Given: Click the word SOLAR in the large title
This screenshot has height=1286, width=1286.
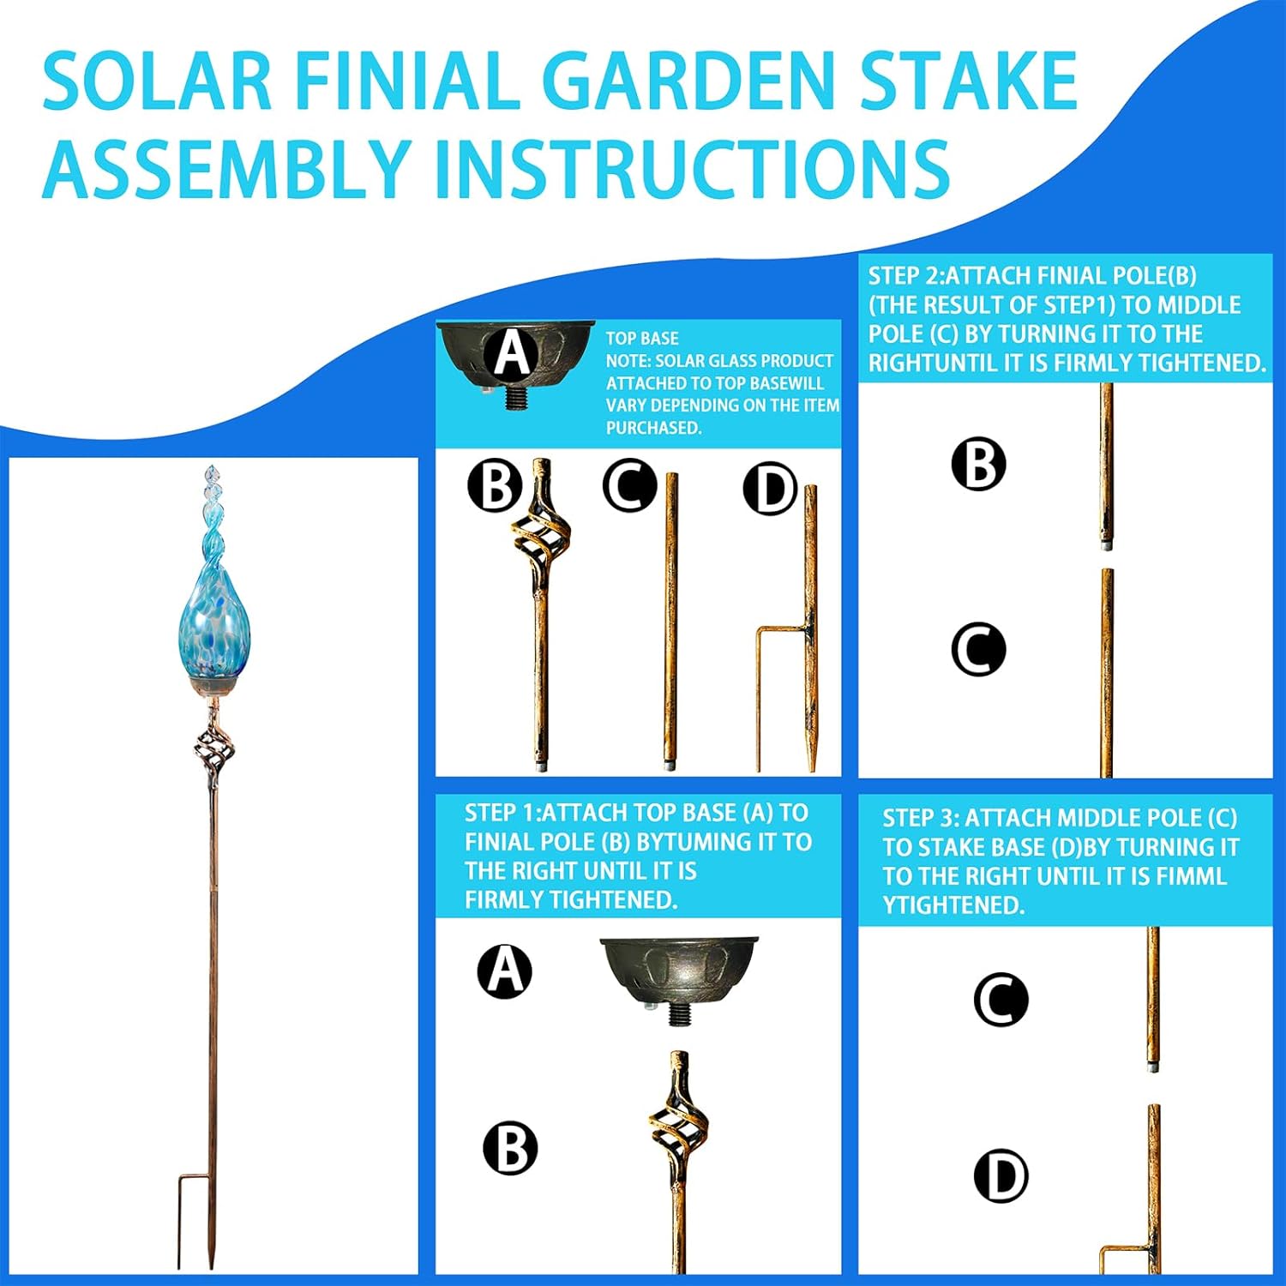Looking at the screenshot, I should pos(157,81).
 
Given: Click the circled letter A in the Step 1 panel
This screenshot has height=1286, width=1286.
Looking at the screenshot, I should pos(505,971).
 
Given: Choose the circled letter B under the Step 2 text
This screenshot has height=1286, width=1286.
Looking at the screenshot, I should pos(978,464).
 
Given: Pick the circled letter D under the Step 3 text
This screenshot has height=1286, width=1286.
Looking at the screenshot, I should pos(1001,1175).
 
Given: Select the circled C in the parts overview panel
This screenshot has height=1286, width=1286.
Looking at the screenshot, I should pos(629,485).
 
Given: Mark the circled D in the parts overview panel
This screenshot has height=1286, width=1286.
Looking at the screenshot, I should pos(770,489).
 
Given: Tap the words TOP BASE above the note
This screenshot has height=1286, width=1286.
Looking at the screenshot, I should pos(642,339).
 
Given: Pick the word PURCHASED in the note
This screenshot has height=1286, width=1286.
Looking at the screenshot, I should pos(653,428).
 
